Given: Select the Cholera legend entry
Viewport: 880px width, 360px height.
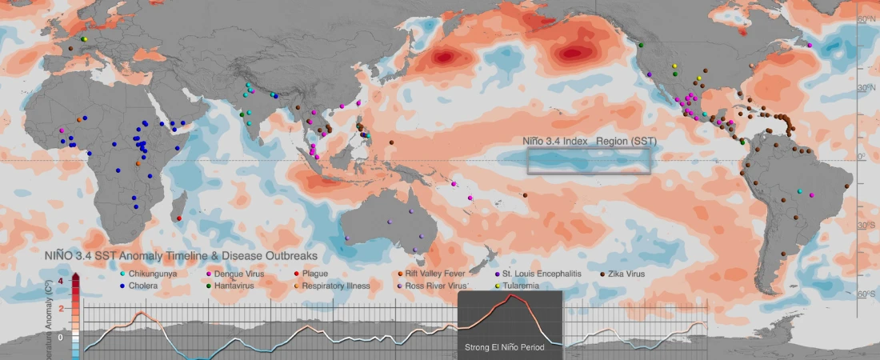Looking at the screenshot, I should (142, 286).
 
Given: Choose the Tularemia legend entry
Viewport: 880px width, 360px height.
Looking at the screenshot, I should (520, 286).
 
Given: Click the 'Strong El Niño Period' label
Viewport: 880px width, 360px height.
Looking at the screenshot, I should (509, 348).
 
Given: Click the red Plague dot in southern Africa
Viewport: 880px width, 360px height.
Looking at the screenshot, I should (179, 218).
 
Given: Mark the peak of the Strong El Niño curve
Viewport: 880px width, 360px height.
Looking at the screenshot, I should (511, 296).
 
